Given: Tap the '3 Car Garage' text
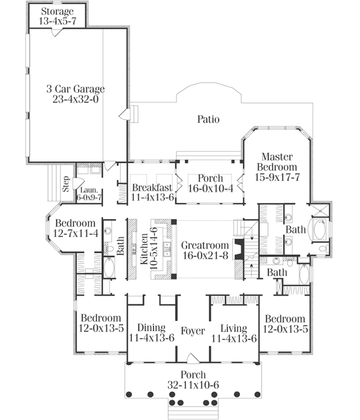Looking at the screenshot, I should click(74, 89).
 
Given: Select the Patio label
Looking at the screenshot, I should click(209, 119).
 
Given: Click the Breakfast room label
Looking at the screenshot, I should click(152, 188).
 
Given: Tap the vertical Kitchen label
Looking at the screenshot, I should click(144, 246).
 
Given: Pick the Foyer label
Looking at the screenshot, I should click(193, 331).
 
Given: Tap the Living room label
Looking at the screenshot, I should click(234, 328).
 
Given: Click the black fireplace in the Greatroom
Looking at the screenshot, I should click(239, 247).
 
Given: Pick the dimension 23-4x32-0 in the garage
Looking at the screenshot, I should click(74, 100).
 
